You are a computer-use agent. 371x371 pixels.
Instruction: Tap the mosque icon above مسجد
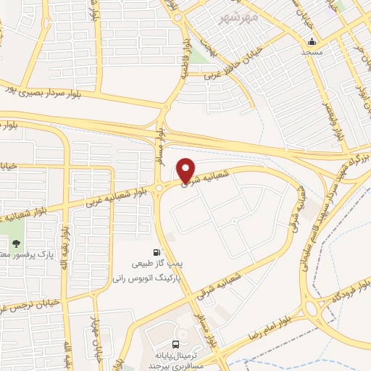tap(312, 41)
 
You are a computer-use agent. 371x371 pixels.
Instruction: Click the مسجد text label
tap(312, 53)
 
